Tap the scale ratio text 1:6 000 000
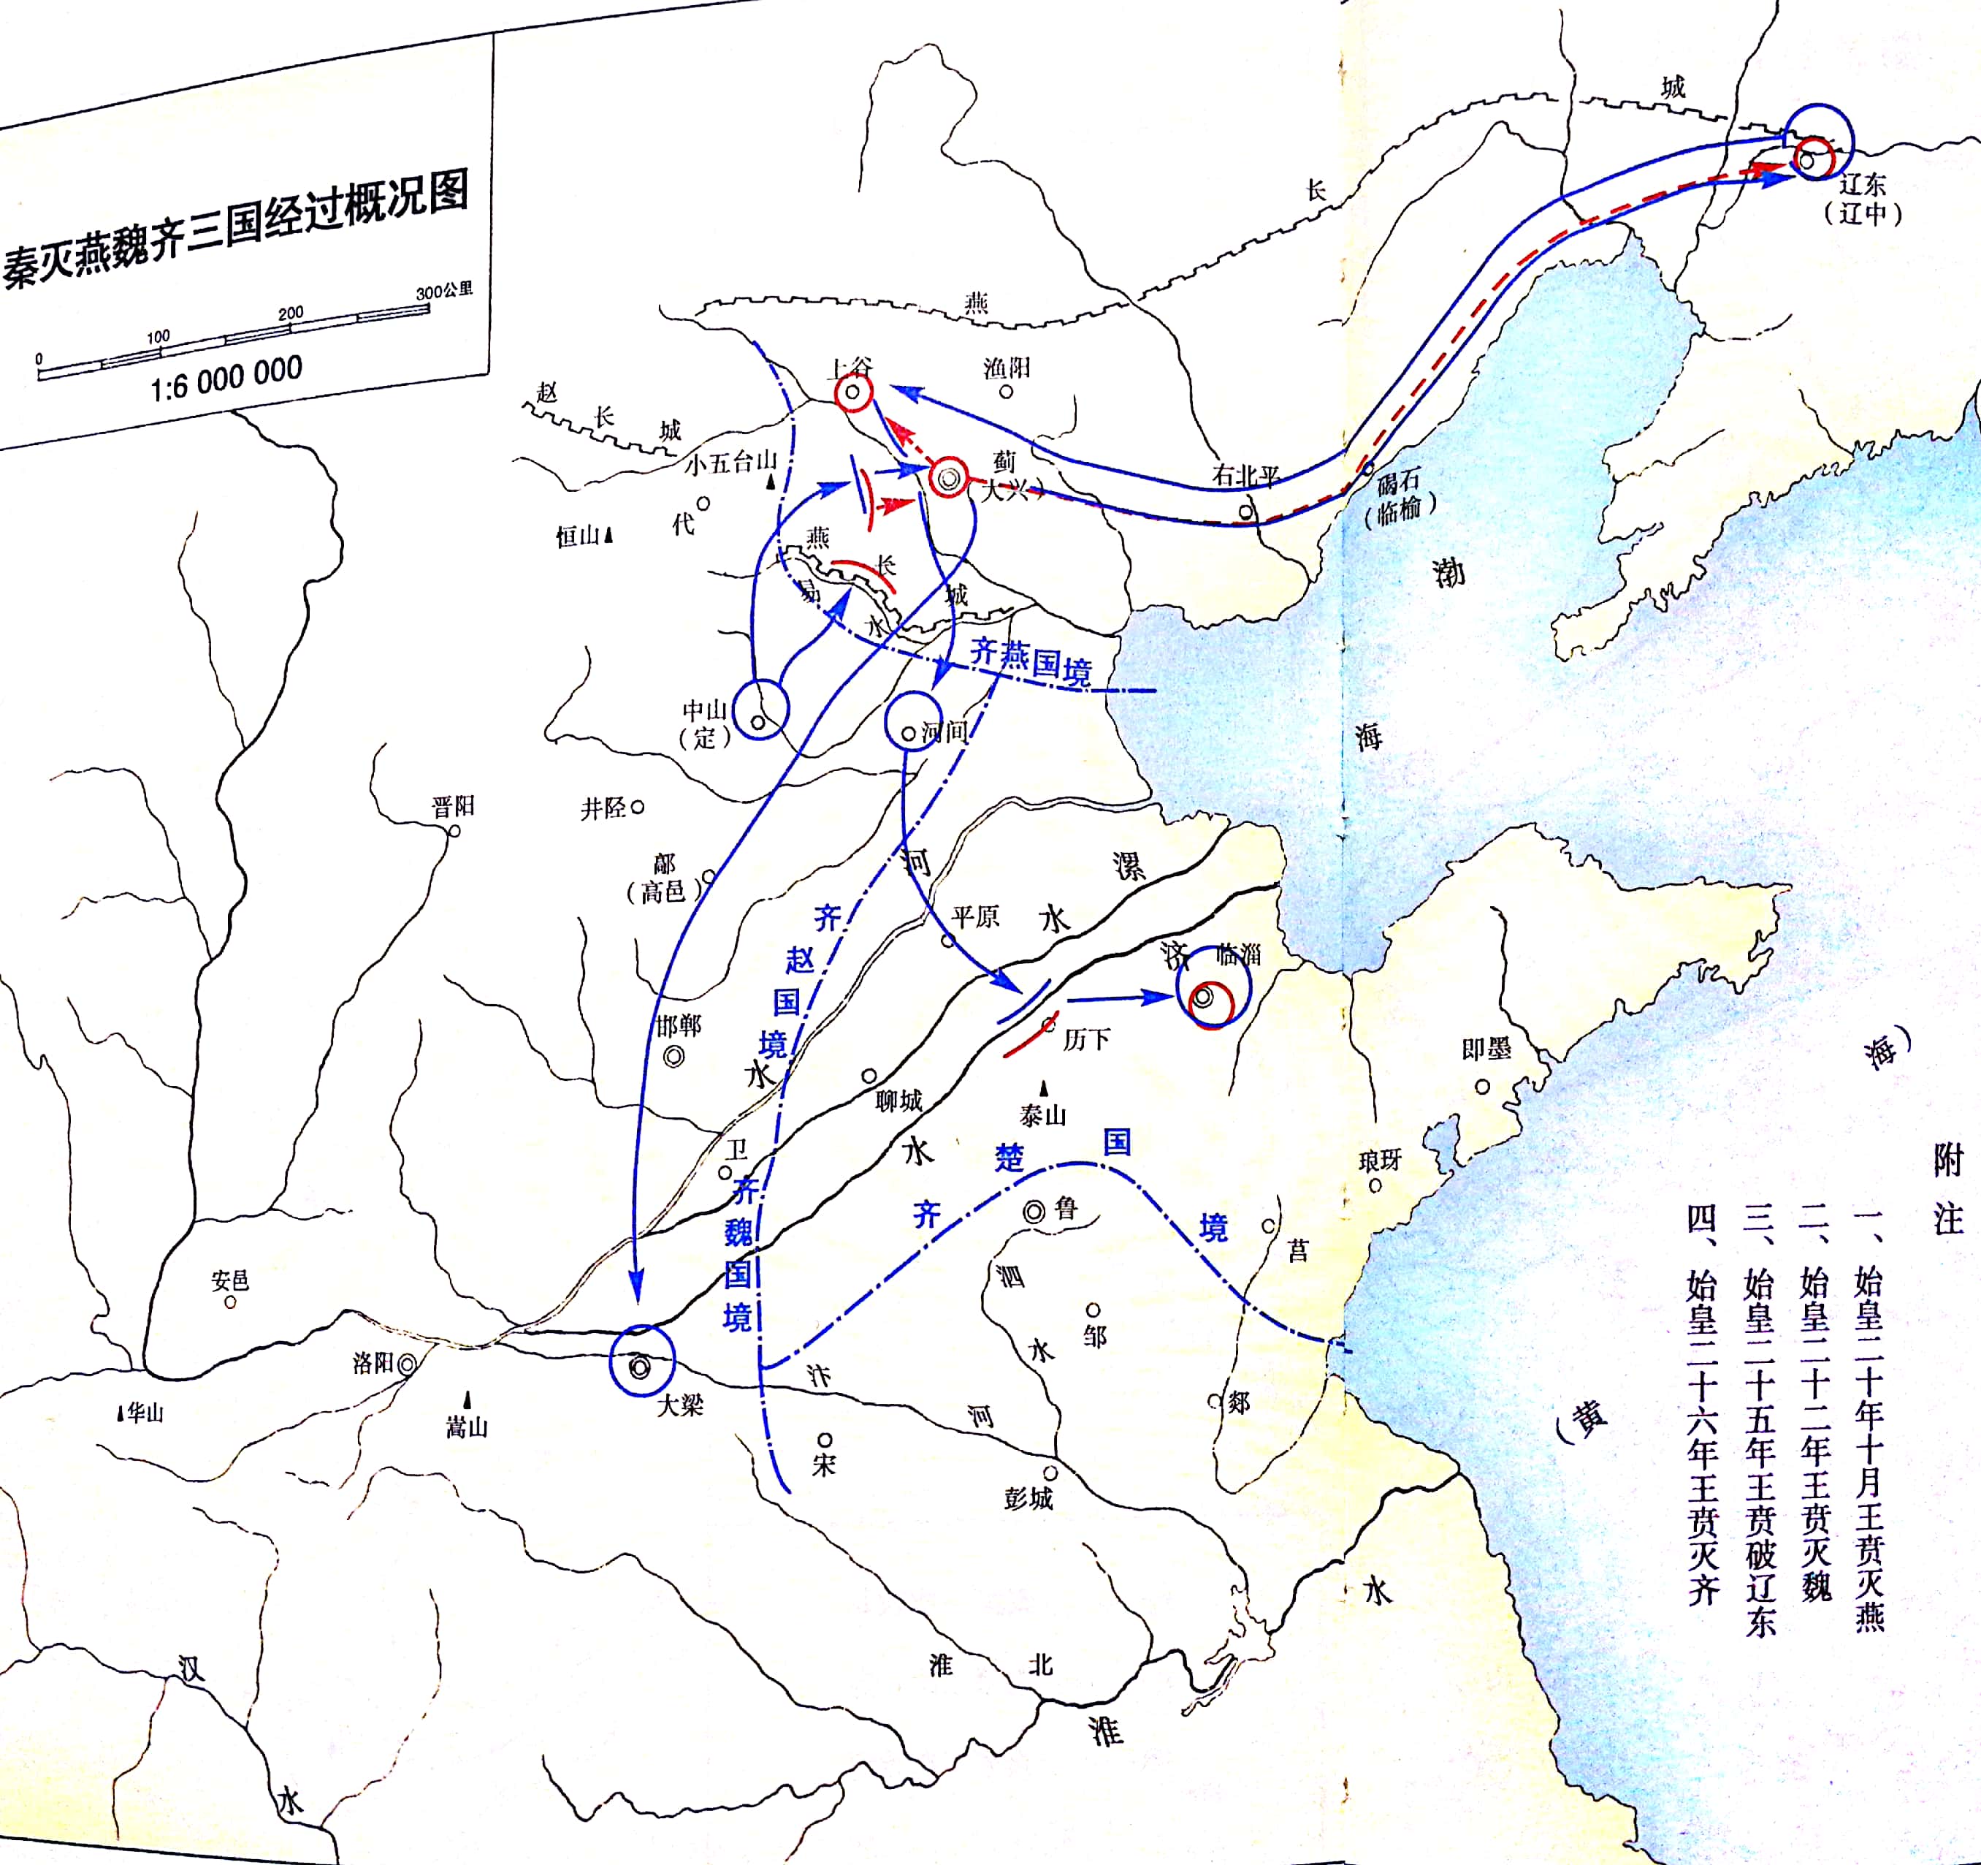pyautogui.click(x=226, y=378)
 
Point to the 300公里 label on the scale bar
pyautogui.click(x=444, y=291)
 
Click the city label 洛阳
pyautogui.click(x=374, y=1363)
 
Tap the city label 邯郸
pyautogui.click(x=679, y=1026)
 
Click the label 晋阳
pyautogui.click(x=454, y=805)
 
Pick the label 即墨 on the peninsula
pyautogui.click(x=1486, y=1048)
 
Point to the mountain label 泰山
pyautogui.click(x=1043, y=1114)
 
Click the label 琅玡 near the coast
pyautogui.click(x=1380, y=1159)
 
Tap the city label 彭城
pyautogui.click(x=1029, y=1498)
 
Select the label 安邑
pyautogui.click(x=230, y=1280)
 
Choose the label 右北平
pyautogui.click(x=1245, y=476)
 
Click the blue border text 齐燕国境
pyautogui.click(x=1031, y=663)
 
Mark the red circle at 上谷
pyautogui.click(x=853, y=392)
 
